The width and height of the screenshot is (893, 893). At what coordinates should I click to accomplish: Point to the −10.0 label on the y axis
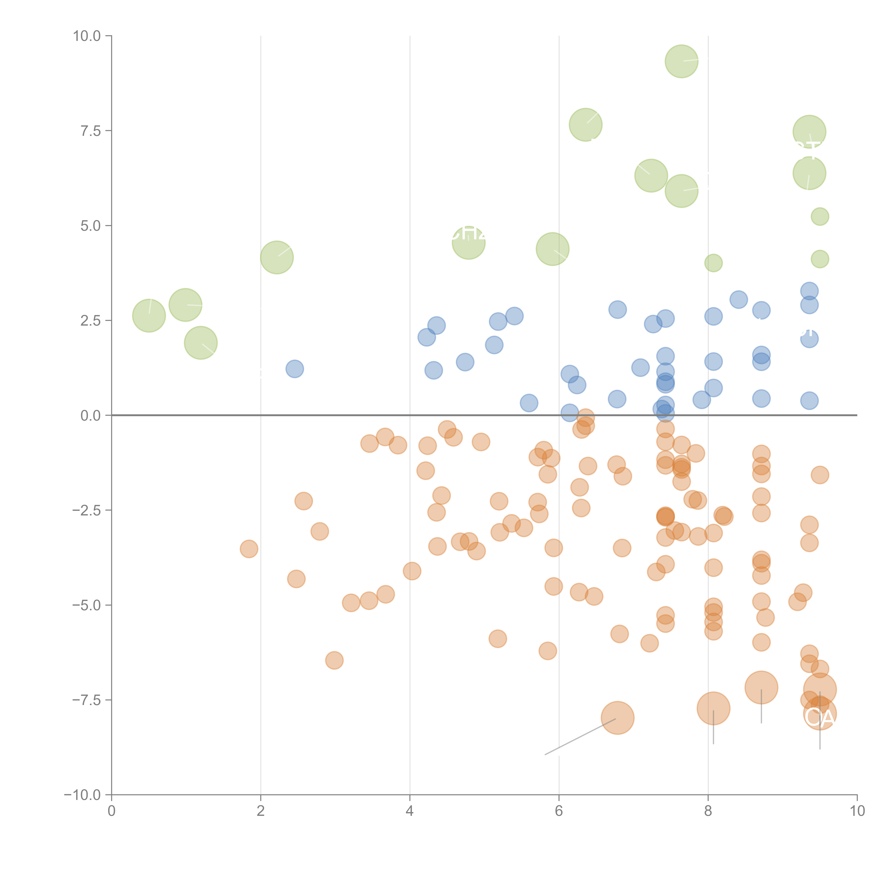(x=82, y=795)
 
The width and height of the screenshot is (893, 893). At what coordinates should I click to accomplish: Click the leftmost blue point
(x=295, y=369)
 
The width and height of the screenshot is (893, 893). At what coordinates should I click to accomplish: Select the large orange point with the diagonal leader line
(x=618, y=717)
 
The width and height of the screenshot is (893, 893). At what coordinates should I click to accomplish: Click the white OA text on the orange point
(x=820, y=717)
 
